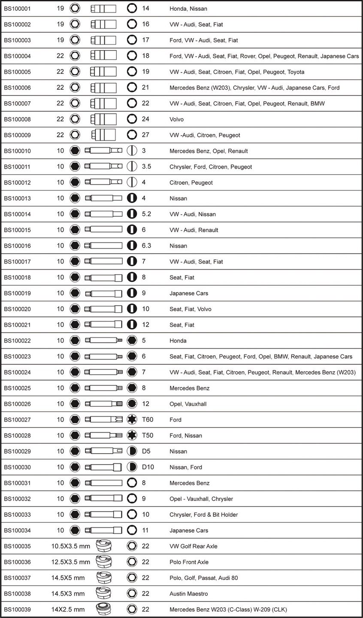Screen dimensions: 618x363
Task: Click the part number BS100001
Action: click(x=17, y=9)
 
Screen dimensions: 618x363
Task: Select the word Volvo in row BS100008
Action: click(x=176, y=119)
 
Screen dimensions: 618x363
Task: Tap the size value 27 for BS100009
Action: click(x=145, y=135)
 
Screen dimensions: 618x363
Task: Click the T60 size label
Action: click(x=147, y=420)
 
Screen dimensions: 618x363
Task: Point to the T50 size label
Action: click(x=147, y=435)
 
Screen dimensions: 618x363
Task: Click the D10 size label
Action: click(x=148, y=467)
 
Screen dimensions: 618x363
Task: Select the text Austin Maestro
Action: click(x=189, y=594)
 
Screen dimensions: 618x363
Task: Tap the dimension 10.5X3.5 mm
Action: click(x=70, y=546)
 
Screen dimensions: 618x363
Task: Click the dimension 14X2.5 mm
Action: click(x=68, y=609)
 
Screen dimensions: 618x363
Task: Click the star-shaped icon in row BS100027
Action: click(x=132, y=420)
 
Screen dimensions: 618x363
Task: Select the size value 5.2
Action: click(x=146, y=214)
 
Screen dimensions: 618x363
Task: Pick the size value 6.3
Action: click(x=146, y=245)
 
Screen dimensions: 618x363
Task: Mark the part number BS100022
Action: click(x=17, y=341)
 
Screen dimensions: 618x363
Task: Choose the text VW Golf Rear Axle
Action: click(x=194, y=546)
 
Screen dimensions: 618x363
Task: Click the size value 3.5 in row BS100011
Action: click(x=146, y=167)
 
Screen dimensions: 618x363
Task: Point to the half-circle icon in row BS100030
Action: click(x=132, y=467)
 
